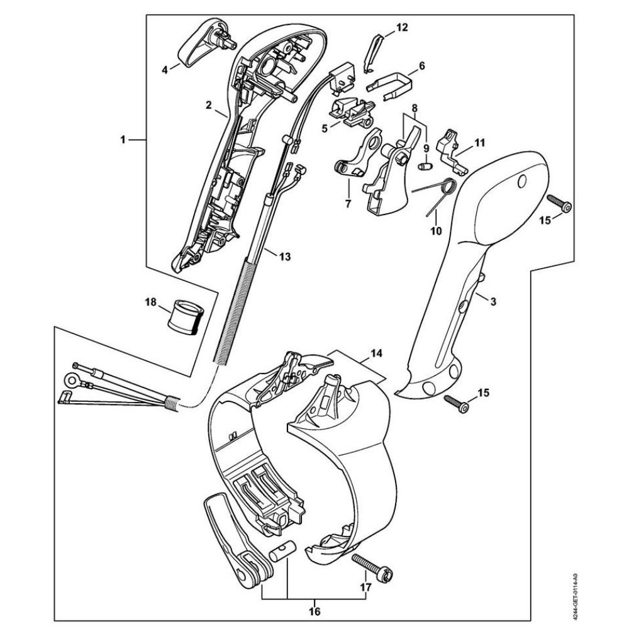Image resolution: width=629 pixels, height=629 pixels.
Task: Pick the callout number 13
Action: tap(285, 256)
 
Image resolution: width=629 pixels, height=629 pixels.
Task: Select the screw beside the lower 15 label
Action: tap(458, 403)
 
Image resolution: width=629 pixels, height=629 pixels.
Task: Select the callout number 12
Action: tap(401, 27)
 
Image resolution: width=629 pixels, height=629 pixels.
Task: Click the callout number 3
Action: tap(493, 302)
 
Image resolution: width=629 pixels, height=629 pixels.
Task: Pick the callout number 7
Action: tap(347, 204)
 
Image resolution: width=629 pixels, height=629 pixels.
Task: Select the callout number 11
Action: tap(480, 143)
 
